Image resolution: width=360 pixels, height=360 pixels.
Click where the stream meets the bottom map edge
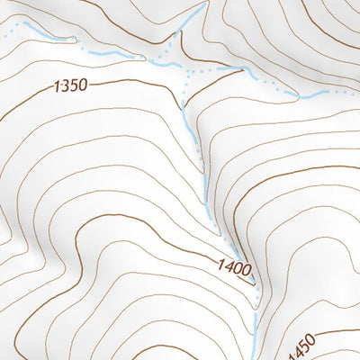pyautogui.click(x=254, y=357)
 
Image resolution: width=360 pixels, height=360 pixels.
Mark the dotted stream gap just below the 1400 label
pyautogui.click(x=255, y=286)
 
